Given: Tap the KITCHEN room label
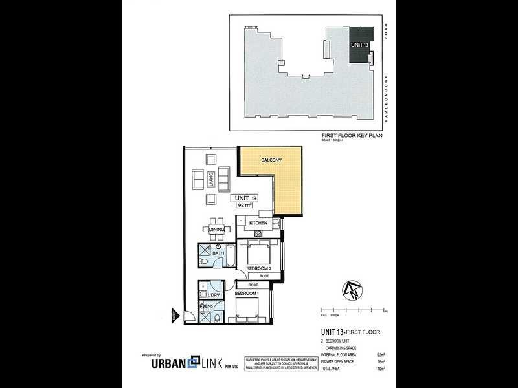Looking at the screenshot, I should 258,223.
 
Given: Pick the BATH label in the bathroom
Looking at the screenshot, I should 218,253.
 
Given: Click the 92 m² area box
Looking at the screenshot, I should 245,206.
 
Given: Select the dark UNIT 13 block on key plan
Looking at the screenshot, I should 361,45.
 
